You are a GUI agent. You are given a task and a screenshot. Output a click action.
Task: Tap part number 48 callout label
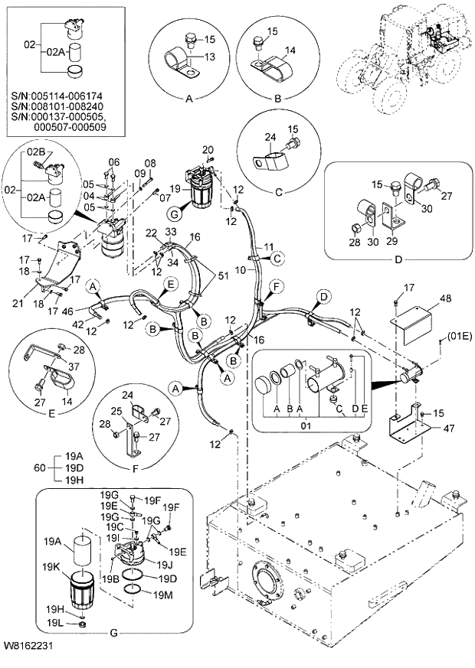444,298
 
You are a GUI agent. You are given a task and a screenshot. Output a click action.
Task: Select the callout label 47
447,429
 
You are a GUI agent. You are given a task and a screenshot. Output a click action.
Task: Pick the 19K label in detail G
52,566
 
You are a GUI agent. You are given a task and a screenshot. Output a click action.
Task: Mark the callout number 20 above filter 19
208,148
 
